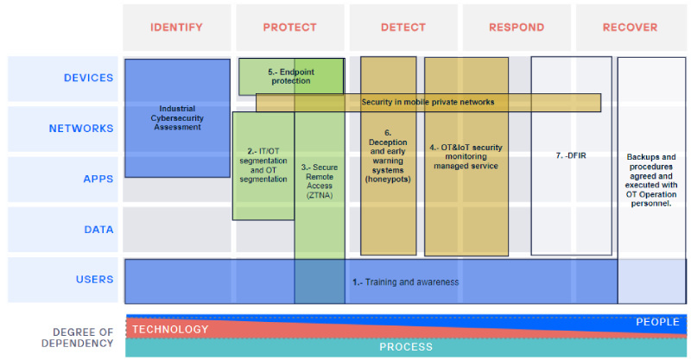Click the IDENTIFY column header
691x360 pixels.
pos(176,28)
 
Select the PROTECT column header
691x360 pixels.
pos(289,28)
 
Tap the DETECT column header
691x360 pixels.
pos(403,28)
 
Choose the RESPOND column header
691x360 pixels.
pos(517,28)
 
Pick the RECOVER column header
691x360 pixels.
pos(630,28)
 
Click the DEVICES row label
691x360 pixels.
pos(89,78)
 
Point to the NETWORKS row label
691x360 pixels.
pos(81,129)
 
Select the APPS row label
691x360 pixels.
pos(98,179)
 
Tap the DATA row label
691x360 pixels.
pos(98,230)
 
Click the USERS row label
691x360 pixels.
pos(95,280)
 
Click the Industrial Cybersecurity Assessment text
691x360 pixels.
pos(177,117)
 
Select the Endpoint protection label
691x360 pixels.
pos(291,76)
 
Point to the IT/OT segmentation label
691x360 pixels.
pos(263,165)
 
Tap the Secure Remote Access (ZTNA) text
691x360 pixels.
pos(320,181)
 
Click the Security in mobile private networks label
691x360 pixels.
pos(428,102)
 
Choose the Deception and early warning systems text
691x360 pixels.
pos(388,156)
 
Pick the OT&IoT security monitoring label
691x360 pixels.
pos(466,156)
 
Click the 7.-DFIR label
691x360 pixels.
pos(571,155)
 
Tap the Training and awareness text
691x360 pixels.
pos(405,282)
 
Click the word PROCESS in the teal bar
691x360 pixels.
pos(406,347)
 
